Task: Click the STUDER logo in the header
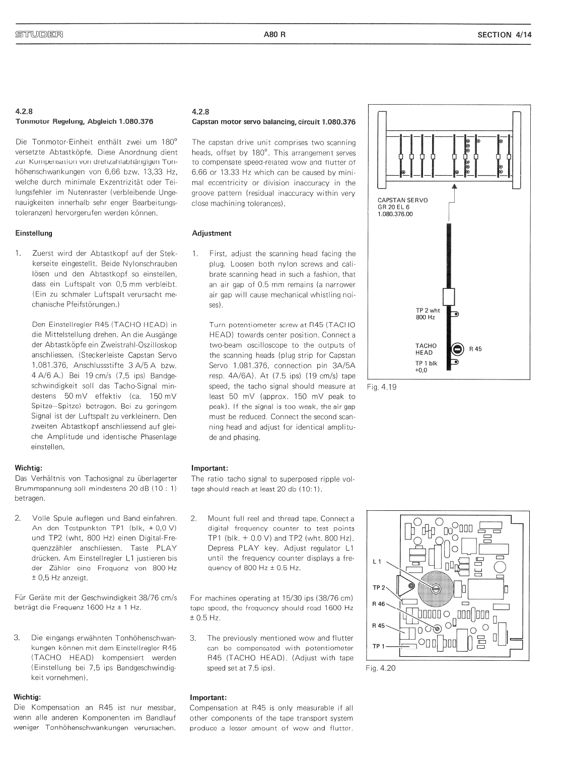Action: click(x=39, y=35)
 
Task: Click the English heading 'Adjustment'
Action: click(x=211, y=234)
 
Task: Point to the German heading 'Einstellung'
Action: click(x=33, y=234)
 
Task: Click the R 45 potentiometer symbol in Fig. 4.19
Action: click(x=457, y=349)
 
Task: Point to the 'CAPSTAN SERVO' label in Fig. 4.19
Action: click(x=402, y=200)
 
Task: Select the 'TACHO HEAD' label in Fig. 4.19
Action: click(x=426, y=349)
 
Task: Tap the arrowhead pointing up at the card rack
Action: click(x=455, y=186)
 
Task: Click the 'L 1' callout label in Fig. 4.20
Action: click(x=377, y=561)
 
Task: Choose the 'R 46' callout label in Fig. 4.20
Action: click(x=378, y=603)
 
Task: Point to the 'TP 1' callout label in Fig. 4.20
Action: click(x=378, y=646)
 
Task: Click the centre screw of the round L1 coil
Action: click(x=437, y=589)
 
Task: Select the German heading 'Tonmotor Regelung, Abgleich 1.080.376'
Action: click(x=84, y=121)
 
